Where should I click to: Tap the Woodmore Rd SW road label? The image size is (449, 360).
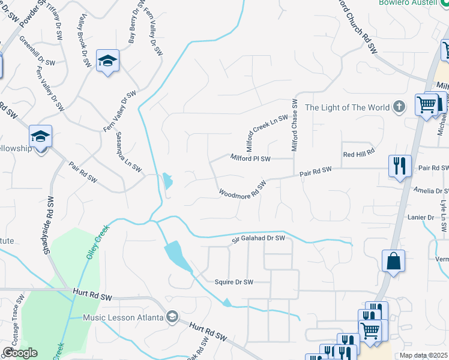pyautogui.click(x=242, y=190)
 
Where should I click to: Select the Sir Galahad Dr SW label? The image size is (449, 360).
pyautogui.click(x=258, y=239)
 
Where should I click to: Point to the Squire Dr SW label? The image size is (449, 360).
pyautogui.click(x=234, y=281)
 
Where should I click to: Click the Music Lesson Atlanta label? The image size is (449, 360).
pyautogui.click(x=123, y=317)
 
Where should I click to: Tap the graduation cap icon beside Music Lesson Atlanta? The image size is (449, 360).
pyautogui.click(x=172, y=317)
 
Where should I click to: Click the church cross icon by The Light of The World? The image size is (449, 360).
pyautogui.click(x=400, y=107)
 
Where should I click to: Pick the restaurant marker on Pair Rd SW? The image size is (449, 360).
pyautogui.click(x=400, y=166)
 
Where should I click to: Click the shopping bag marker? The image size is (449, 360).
pyautogui.click(x=393, y=261)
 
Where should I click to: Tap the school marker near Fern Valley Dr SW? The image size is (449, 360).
pyautogui.click(x=108, y=61)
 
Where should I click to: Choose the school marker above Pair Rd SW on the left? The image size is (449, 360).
pyautogui.click(x=41, y=137)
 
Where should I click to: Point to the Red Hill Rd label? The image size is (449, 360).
pyautogui.click(x=358, y=154)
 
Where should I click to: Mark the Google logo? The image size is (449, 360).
pyautogui.click(x=20, y=352)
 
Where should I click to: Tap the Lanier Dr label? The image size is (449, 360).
pyautogui.click(x=420, y=217)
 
